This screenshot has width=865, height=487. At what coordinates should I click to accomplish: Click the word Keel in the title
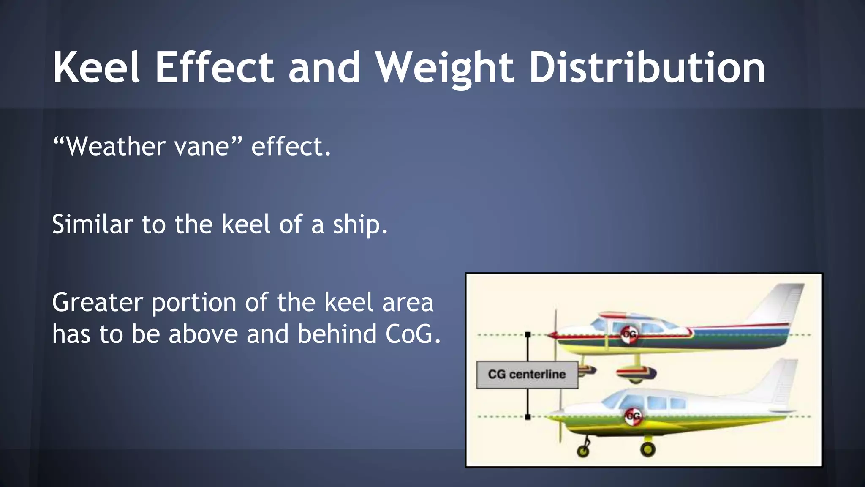click(x=96, y=68)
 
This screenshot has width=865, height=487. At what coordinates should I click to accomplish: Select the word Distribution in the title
click(x=647, y=68)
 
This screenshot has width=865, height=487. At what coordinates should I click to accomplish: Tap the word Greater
click(x=97, y=303)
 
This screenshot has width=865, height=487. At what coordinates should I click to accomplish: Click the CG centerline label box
click(x=527, y=375)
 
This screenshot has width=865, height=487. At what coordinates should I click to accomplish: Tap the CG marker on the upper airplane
click(x=629, y=334)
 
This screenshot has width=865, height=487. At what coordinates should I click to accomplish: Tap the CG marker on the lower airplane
click(x=633, y=416)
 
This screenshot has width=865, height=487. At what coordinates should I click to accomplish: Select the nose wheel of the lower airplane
click(x=583, y=451)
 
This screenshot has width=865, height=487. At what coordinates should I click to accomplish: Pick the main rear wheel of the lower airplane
click(x=647, y=449)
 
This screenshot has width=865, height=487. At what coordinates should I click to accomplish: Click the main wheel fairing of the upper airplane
click(x=636, y=373)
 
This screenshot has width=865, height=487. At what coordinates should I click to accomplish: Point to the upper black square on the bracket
click(x=528, y=334)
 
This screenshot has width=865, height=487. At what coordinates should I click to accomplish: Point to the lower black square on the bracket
click(x=528, y=417)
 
